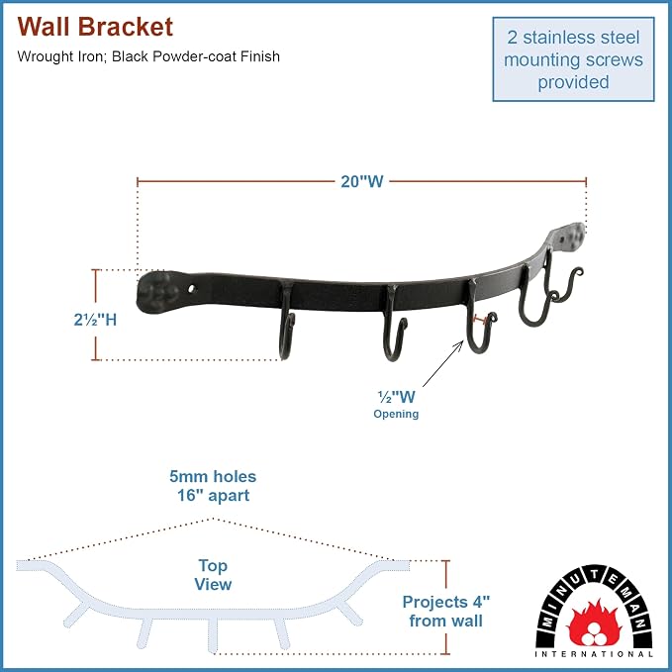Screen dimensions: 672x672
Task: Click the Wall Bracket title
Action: click(x=95, y=27)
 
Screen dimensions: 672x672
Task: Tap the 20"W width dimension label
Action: click(x=361, y=182)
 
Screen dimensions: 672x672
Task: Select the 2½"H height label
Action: click(x=95, y=320)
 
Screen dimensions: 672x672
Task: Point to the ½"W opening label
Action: click(x=396, y=397)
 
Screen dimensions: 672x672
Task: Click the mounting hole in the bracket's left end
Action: click(x=192, y=289)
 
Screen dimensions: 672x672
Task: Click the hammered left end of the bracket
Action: click(x=157, y=291)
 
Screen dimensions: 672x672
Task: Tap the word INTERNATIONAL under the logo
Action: click(x=594, y=654)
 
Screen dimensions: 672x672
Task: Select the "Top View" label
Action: click(x=213, y=575)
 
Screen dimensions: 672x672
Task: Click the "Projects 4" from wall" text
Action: click(x=445, y=612)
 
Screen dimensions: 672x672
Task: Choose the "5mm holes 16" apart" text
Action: click(x=213, y=486)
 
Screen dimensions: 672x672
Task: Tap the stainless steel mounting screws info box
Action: click(x=573, y=59)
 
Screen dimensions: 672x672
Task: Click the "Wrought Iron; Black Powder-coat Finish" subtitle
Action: click(x=148, y=56)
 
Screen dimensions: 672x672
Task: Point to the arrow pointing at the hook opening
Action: click(x=443, y=363)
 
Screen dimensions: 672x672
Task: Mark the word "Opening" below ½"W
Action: click(x=396, y=414)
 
